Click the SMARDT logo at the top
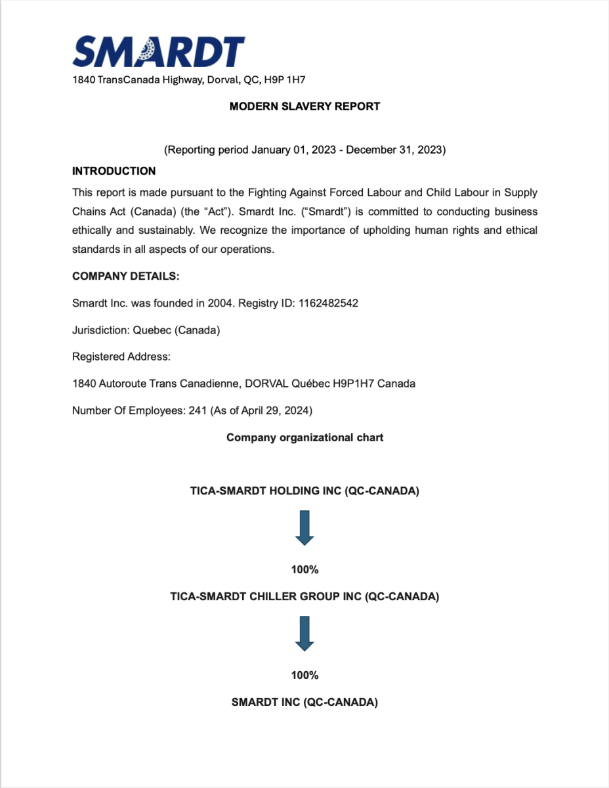click(158, 51)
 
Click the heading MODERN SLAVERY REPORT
click(304, 106)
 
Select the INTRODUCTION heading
click(114, 171)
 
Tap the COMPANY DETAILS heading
click(125, 276)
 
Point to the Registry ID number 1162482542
click(327, 303)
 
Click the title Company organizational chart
click(304, 438)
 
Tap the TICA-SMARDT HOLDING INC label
click(304, 491)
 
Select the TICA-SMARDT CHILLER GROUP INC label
click(304, 597)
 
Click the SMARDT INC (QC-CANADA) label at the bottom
click(304, 703)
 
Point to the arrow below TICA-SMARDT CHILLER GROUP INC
click(304, 634)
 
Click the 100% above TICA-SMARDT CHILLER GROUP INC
click(304, 570)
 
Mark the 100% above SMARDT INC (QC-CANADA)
click(304, 676)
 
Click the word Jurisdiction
click(100, 330)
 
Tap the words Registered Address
click(121, 357)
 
